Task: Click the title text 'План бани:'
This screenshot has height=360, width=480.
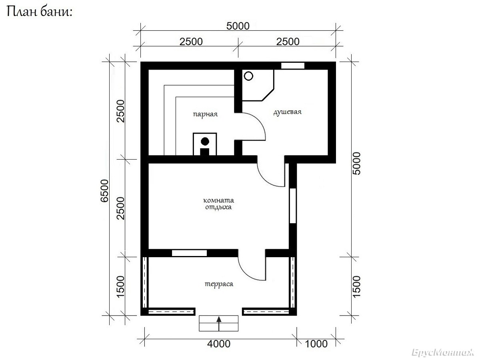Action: (x=40, y=12)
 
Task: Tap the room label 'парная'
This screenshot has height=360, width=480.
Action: (x=205, y=114)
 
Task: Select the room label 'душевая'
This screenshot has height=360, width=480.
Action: (x=287, y=112)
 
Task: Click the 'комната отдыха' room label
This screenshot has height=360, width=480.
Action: (x=218, y=204)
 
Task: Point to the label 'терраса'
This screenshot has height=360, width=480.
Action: (x=219, y=284)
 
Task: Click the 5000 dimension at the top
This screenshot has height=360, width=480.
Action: (x=238, y=26)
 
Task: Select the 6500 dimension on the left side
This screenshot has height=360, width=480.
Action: (x=104, y=191)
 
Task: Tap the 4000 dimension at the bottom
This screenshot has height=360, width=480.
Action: (x=219, y=344)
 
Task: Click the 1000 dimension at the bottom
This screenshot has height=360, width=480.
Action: (x=316, y=344)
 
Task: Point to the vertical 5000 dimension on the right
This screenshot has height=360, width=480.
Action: (x=356, y=164)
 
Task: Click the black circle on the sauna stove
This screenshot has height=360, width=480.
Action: (x=205, y=142)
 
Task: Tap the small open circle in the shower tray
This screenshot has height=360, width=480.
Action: (x=248, y=76)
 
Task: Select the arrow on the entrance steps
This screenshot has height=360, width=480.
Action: (x=219, y=323)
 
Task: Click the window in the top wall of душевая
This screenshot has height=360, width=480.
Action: (x=292, y=66)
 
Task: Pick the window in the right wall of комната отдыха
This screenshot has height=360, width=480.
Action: (x=292, y=206)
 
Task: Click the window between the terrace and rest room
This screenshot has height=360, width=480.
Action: (x=189, y=253)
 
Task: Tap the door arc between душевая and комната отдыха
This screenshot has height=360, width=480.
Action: (x=264, y=179)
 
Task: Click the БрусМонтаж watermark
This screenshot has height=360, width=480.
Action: (x=442, y=352)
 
